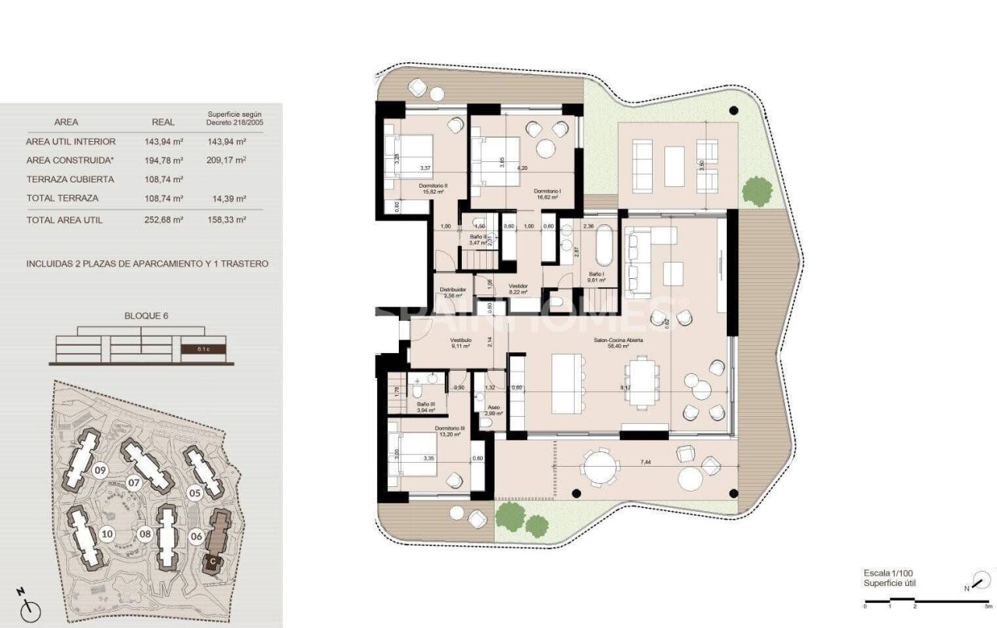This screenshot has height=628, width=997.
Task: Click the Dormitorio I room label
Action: tap(548, 191)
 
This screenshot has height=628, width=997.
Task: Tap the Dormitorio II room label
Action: tap(432, 186)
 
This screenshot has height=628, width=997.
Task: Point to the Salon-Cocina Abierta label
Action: tap(619, 340)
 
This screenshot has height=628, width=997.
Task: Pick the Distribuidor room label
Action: tap(453, 289)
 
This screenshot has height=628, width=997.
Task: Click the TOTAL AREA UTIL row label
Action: tap(64, 221)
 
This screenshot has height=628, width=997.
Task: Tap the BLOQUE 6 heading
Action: tap(146, 316)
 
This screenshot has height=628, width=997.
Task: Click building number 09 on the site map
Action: tap(100, 471)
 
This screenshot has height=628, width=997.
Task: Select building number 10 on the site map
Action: tap(107, 534)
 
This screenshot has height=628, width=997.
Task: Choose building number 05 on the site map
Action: tap(195, 492)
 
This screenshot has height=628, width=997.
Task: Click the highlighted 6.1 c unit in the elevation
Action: tap(203, 349)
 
